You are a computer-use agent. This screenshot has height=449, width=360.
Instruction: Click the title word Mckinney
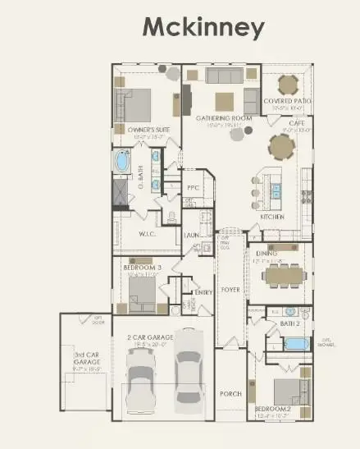tap(204, 27)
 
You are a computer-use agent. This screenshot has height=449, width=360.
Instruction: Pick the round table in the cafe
tap(282, 147)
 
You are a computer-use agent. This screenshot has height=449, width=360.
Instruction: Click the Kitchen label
tap(272, 217)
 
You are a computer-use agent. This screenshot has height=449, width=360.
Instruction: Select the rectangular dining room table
tap(283, 275)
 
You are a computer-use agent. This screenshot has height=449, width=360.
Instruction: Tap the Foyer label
tap(230, 288)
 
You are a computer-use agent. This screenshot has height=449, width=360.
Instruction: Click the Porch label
tap(231, 394)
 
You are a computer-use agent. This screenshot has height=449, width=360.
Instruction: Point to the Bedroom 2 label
tap(272, 408)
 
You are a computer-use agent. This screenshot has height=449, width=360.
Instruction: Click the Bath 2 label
tap(291, 324)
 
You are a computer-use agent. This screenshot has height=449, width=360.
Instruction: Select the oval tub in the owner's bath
tap(123, 162)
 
